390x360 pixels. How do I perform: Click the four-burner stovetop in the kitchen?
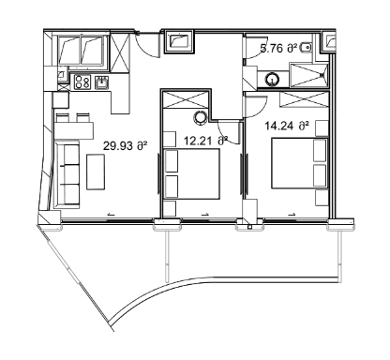[81, 82]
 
